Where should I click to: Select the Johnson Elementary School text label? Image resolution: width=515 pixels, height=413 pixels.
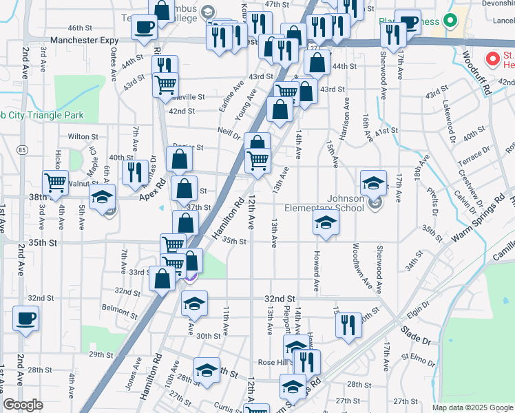coord(346,204)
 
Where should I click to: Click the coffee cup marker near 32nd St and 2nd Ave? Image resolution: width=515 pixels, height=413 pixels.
coord(25,319)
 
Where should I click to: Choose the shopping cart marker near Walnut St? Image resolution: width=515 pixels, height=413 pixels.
coord(54,182)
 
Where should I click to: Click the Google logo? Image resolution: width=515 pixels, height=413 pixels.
coord(23,405)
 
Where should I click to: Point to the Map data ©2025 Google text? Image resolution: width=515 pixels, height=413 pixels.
coord(472,407)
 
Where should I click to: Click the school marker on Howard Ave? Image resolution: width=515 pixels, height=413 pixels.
coord(326,222)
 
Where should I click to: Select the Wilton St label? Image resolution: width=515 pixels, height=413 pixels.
coord(78,136)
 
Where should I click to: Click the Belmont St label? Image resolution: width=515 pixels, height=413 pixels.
coord(114,308)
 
